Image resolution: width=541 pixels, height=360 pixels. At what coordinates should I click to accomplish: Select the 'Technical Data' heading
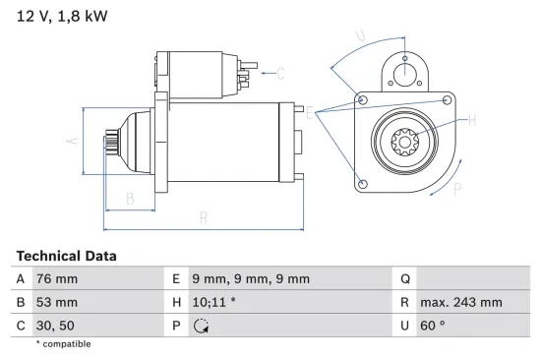pos(66,255)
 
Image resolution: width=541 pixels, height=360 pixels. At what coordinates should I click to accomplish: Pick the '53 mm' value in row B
pos(56,301)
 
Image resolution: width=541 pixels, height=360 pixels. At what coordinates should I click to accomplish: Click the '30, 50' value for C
pos(55,324)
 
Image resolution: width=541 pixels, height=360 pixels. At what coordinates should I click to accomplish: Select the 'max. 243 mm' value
pos(462,301)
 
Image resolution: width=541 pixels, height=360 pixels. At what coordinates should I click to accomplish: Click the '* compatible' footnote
pos(63,343)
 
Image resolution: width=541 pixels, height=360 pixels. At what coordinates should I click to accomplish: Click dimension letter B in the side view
pos(129,199)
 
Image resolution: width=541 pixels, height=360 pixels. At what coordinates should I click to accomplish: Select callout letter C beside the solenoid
pos(279,73)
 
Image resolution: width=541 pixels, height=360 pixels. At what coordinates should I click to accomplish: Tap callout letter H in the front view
pos(471,120)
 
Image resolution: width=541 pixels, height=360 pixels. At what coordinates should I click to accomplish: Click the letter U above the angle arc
pos(360,36)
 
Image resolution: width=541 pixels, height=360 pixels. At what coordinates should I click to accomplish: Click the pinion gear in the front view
pos(405,144)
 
